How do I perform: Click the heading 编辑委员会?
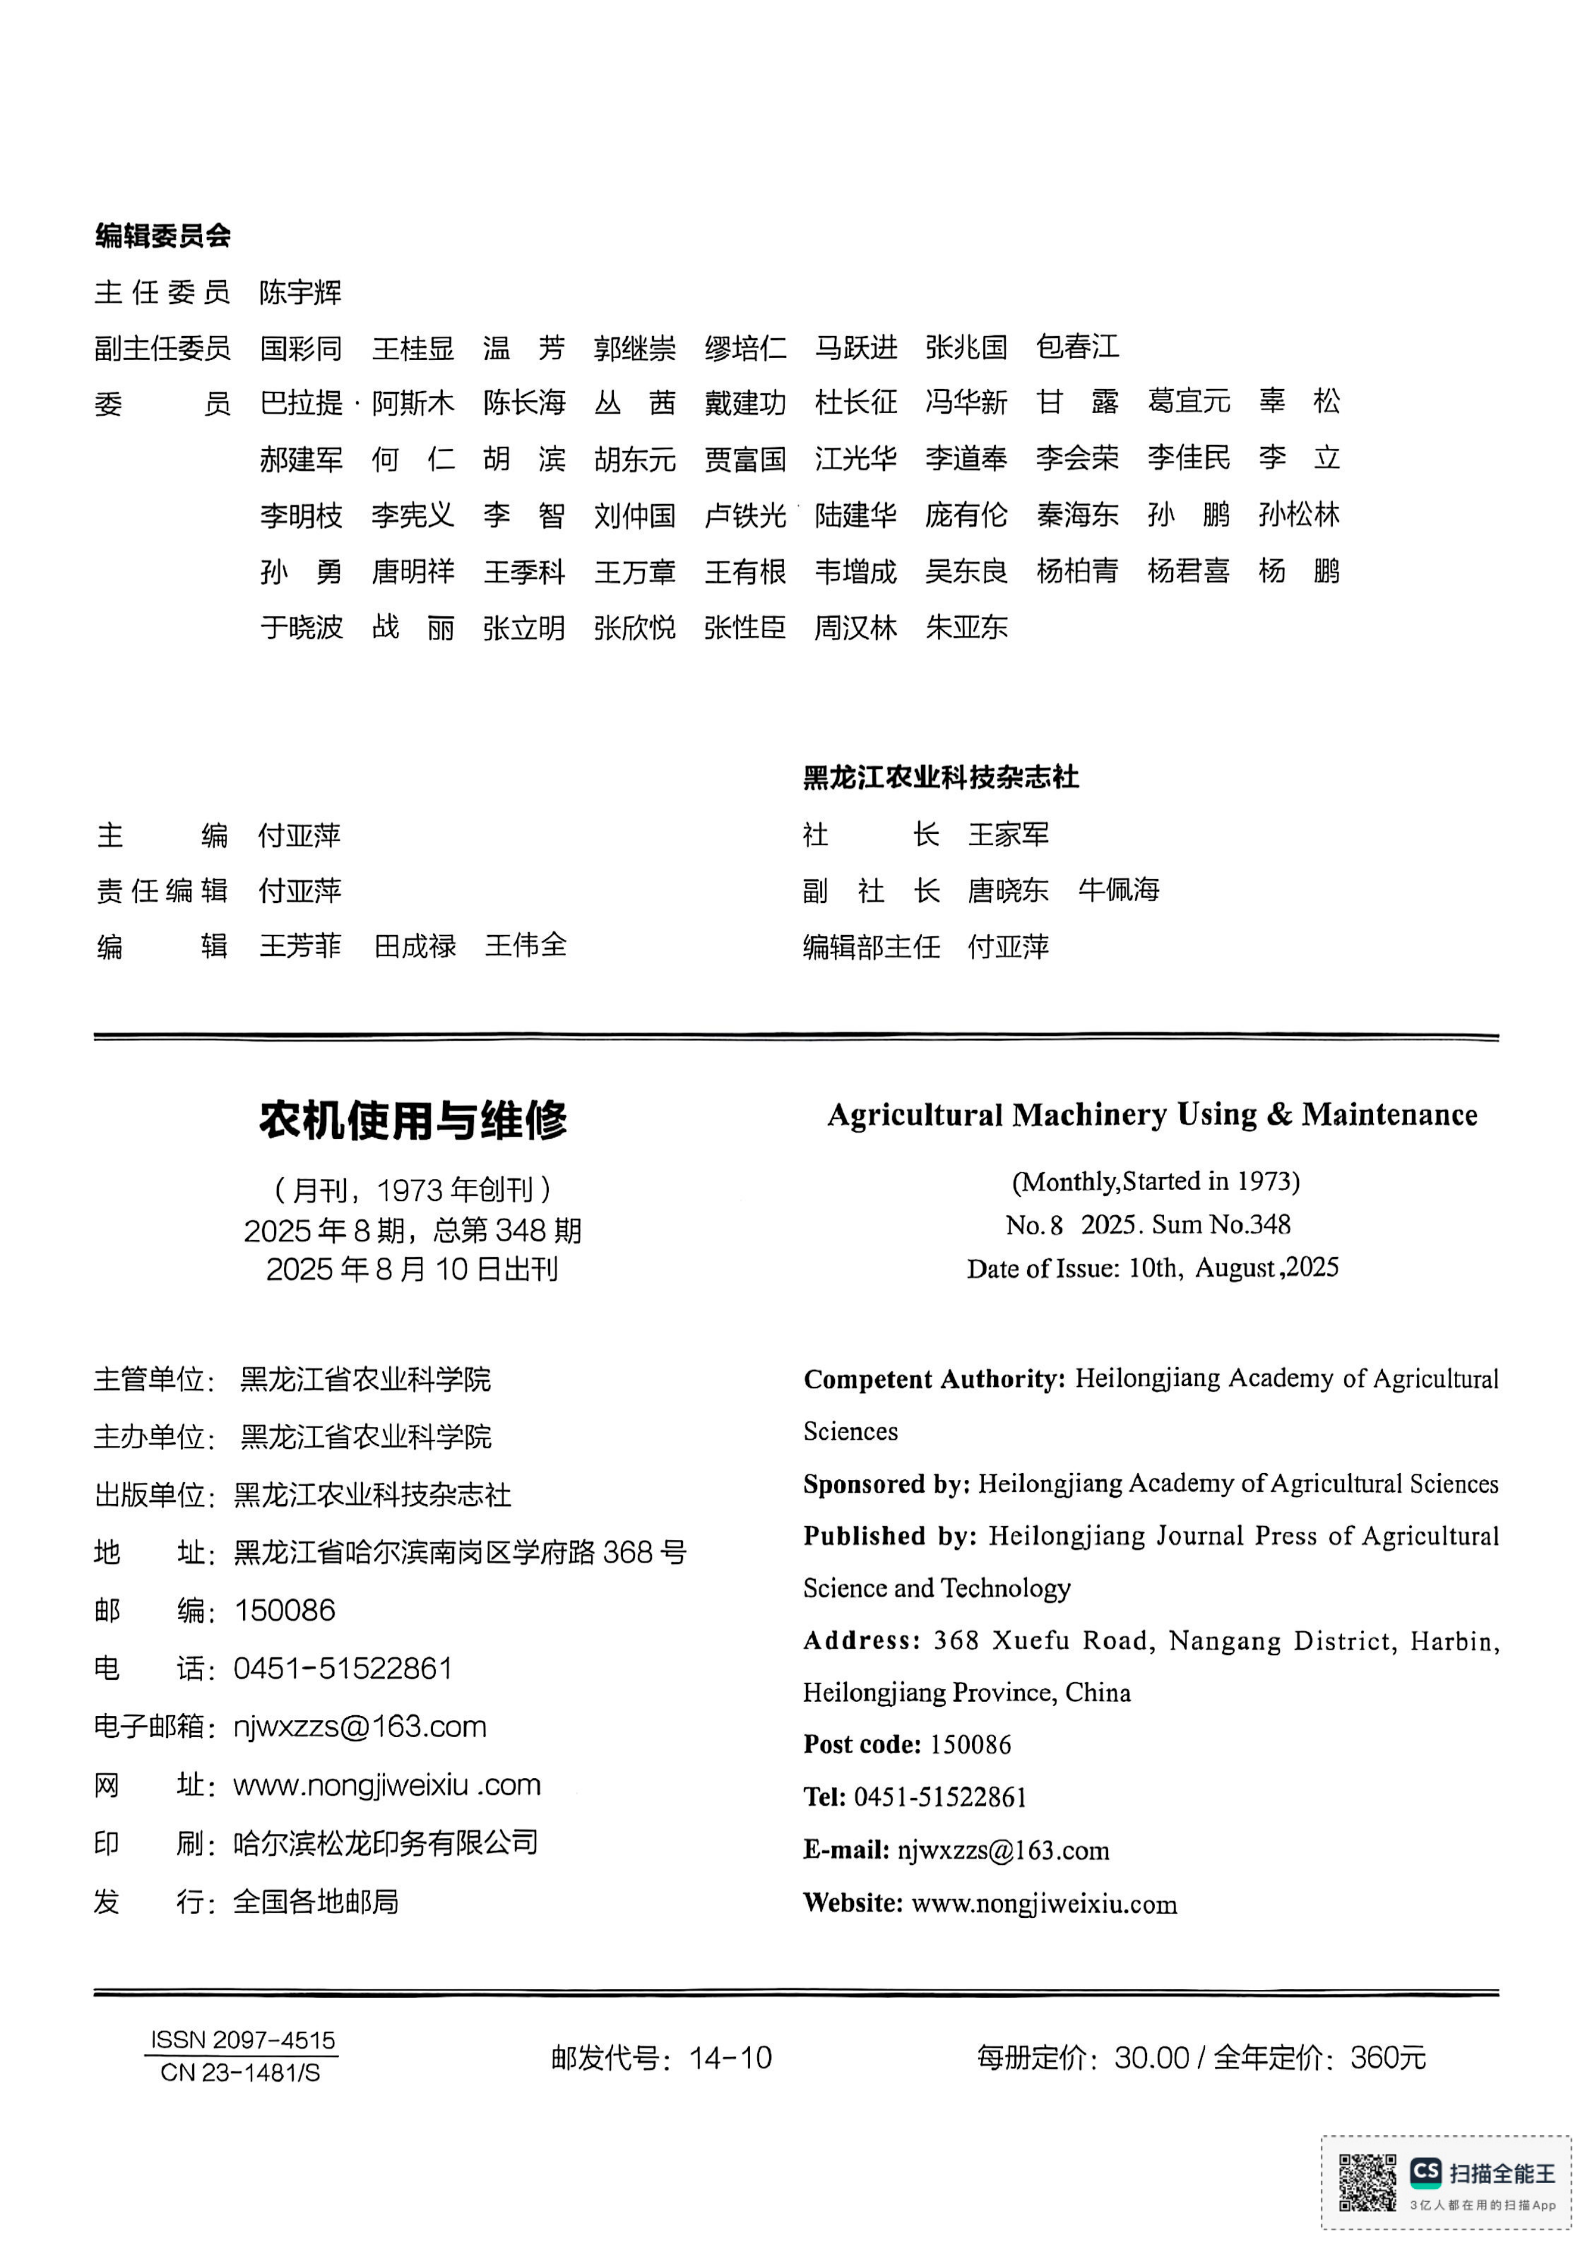point(163,235)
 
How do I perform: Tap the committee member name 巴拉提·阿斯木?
point(357,402)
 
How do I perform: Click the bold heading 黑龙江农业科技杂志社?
point(940,777)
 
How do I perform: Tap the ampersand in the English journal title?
point(1279,1115)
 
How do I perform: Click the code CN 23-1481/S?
point(241,2072)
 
